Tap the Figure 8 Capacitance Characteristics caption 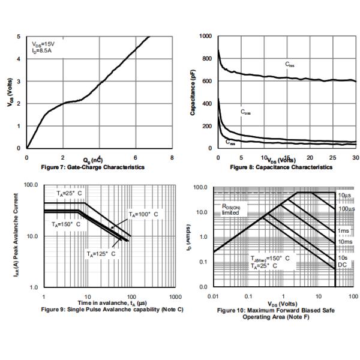[285, 167]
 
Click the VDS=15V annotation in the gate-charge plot [43, 44]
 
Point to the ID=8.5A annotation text [42, 51]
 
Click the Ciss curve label [289, 64]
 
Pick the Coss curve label [245, 112]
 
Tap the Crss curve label [230, 143]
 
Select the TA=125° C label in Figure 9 [100, 254]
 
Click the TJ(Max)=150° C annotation [270, 257]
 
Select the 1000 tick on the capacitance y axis [205, 37]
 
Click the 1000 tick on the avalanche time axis [176, 297]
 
